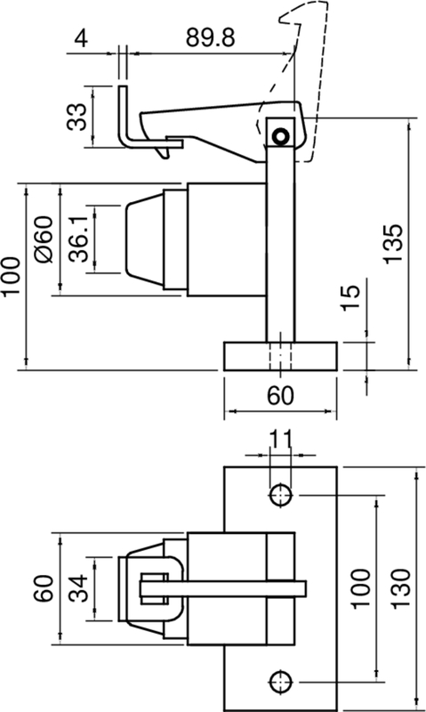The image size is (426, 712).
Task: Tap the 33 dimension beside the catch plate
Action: click(x=79, y=116)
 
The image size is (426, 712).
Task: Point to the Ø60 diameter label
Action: click(x=44, y=239)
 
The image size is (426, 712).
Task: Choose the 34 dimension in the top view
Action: click(x=79, y=587)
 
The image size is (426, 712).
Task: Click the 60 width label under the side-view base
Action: click(x=280, y=396)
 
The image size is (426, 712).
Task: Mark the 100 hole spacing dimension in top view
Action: click(x=360, y=587)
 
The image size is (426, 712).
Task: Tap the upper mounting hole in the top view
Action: click(x=281, y=494)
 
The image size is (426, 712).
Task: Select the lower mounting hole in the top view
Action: click(x=281, y=681)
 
